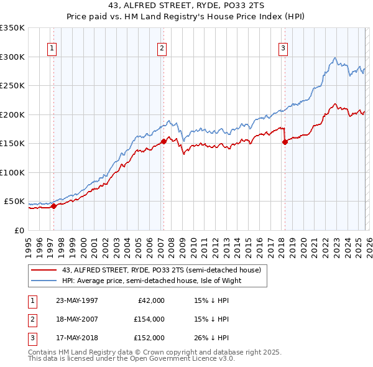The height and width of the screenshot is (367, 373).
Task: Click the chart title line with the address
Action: coord(186,6)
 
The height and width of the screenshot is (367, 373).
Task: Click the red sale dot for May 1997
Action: coord(54,206)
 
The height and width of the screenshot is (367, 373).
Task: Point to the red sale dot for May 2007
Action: coord(163,141)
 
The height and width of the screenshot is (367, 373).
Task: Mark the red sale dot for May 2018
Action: coord(285,142)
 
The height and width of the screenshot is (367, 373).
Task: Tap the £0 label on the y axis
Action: coord(20,230)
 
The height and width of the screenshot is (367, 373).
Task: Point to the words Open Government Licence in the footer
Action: coord(174,359)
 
